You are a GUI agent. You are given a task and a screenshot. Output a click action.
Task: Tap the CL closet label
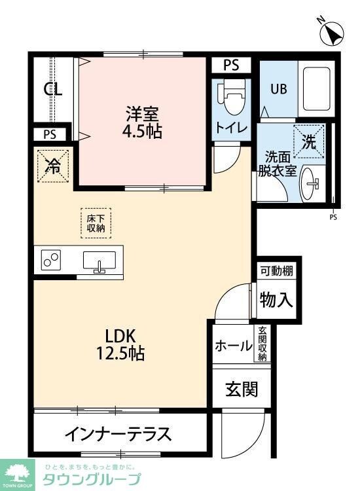click(53, 90)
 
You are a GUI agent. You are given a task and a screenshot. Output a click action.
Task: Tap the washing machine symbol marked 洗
click(309, 140)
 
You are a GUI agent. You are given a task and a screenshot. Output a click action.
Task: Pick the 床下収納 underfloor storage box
click(96, 223)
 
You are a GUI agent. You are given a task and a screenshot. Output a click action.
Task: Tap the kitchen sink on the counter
click(99, 261)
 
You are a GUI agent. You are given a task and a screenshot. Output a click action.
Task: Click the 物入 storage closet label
click(276, 300)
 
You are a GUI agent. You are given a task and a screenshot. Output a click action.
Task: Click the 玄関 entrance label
click(242, 389)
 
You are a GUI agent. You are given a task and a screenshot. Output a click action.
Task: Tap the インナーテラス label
click(118, 433)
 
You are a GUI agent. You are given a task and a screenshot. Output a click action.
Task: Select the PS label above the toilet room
click(231, 65)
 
